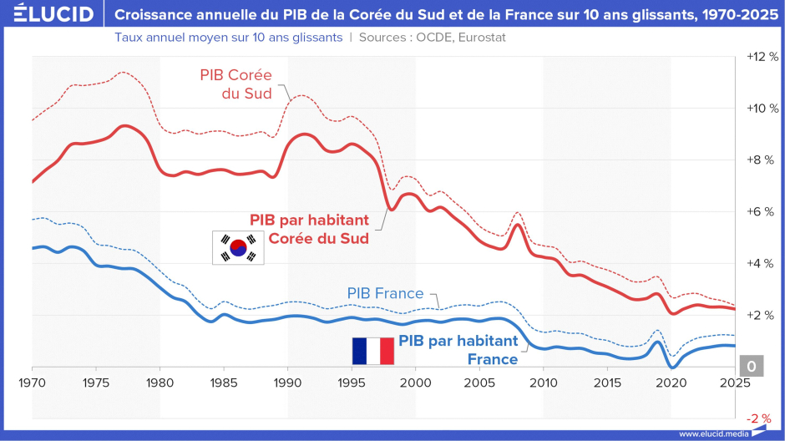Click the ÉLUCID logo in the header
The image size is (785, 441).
[x=53, y=13]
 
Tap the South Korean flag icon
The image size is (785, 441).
[x=238, y=247]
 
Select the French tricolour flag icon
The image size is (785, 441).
[x=373, y=351]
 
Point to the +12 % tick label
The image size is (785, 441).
[x=762, y=57]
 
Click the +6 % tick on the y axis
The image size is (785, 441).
[x=761, y=212]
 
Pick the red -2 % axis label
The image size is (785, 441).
[x=759, y=418]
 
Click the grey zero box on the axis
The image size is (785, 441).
[x=752, y=366]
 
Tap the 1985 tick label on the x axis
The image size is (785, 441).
[x=224, y=383]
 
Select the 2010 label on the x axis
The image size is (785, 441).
[x=544, y=383]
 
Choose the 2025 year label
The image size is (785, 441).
[x=735, y=383]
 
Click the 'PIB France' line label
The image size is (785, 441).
[x=386, y=293]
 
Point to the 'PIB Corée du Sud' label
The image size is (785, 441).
[x=235, y=84]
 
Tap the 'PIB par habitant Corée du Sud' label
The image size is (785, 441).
[x=309, y=229]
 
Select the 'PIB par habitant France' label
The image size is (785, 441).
[x=458, y=350]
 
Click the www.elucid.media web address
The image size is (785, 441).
[x=714, y=434]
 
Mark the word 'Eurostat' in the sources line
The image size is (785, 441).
[x=481, y=38]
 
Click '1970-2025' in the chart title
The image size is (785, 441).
[x=741, y=14]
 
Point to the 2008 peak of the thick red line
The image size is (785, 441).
[x=519, y=225]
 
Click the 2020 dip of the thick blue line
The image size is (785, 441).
[x=672, y=367]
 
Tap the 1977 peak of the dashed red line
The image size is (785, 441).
[x=122, y=73]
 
